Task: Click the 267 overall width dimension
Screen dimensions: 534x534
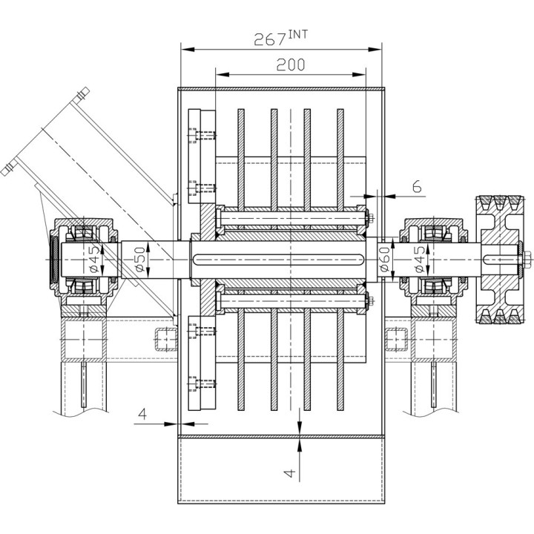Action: point(270,39)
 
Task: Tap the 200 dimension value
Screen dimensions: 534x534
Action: point(290,65)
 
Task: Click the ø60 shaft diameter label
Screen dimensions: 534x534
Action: point(386,259)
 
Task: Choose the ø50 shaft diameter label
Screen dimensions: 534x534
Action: point(139,259)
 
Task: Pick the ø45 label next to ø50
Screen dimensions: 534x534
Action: point(93,259)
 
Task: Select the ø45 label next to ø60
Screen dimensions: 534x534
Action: point(420,259)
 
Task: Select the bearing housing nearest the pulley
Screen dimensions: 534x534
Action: point(432,259)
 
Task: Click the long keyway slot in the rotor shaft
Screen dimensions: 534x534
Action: point(277,259)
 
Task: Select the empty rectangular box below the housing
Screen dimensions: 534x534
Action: point(280,469)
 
